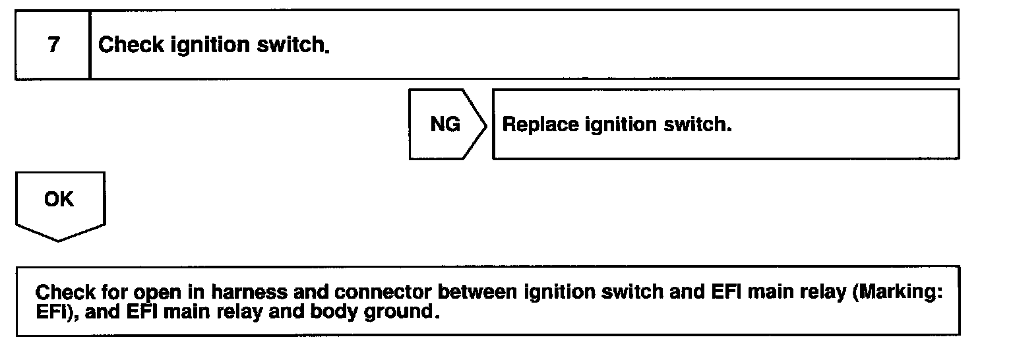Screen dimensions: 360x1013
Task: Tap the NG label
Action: pos(445,125)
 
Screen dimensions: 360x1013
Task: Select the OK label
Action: pos(59,200)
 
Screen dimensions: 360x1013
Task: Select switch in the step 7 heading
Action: pos(295,45)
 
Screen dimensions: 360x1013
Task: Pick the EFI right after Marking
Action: pos(50,311)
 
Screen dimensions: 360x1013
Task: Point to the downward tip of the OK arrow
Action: pos(59,240)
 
